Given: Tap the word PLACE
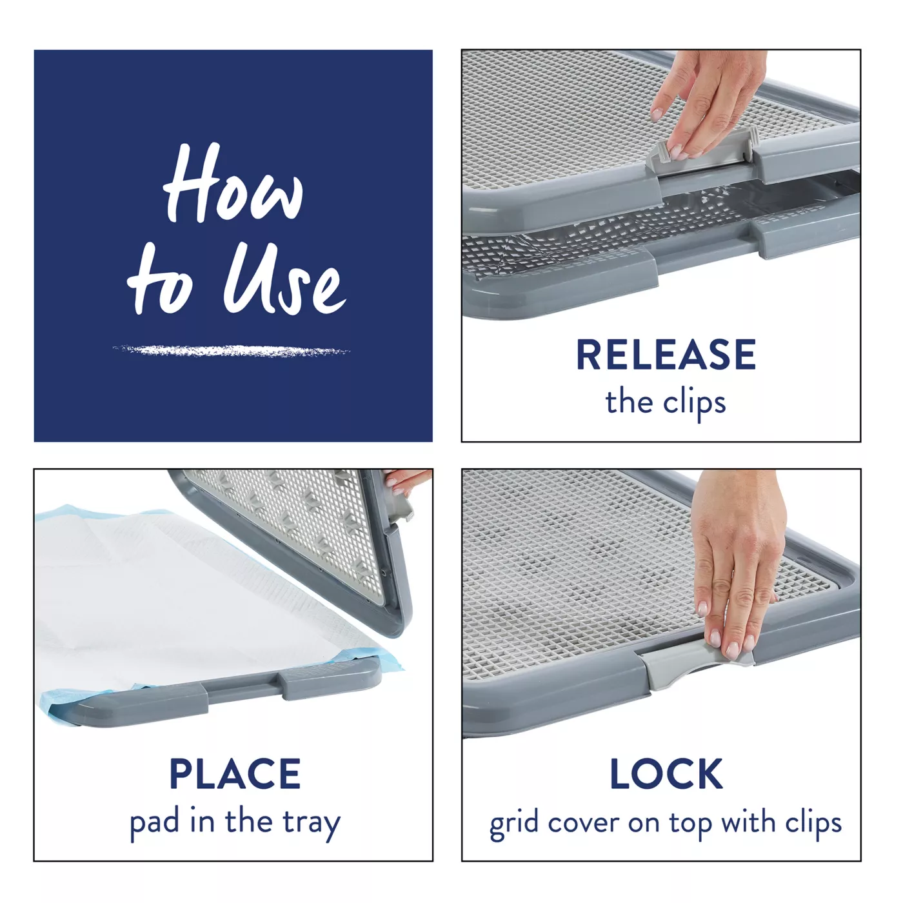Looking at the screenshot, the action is point(235,773).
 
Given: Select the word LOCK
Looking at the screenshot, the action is point(666,773).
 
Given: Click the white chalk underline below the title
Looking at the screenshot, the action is point(231,350).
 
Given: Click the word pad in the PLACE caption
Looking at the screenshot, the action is point(154,823).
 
